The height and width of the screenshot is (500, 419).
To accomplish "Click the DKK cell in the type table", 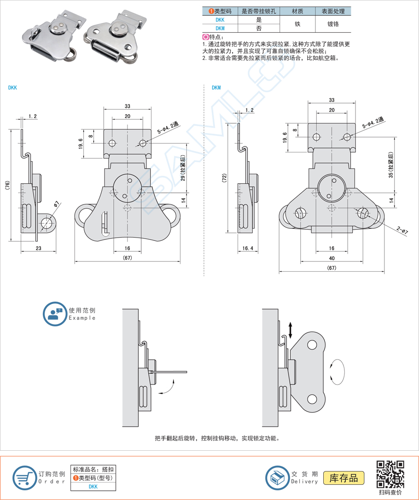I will pyautogui.click(x=220, y=20).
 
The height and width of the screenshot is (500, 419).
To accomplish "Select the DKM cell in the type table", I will pyautogui.click(x=220, y=28).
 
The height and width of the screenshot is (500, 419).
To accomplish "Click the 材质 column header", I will pyautogui.click(x=297, y=11).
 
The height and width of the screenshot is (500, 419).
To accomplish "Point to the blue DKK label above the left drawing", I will pyautogui.click(x=12, y=87).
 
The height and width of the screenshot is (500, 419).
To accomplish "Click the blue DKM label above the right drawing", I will pyautogui.click(x=216, y=87).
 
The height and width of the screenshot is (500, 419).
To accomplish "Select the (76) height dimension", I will pyautogui.click(x=7, y=185).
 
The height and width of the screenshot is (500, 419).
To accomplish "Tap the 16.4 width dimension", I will pyautogui.click(x=248, y=248).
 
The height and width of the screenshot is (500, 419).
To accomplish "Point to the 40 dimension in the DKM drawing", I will pyautogui.click(x=332, y=258).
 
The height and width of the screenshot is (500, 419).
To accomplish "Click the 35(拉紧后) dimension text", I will pyautogui.click(x=391, y=165).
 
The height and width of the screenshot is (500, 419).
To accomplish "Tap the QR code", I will pyautogui.click(x=390, y=474).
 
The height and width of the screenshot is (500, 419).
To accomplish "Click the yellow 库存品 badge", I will pyautogui.click(x=343, y=477).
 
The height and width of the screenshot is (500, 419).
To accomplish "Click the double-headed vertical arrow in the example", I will pyautogui.click(x=291, y=330).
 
